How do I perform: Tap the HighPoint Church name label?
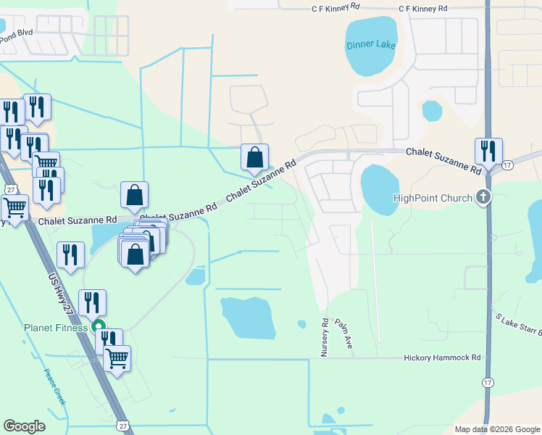(x=432, y=197)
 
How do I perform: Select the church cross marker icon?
(x=483, y=196)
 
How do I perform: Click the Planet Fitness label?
(x=55, y=328)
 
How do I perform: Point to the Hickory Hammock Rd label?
(x=442, y=358)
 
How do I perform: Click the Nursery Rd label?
(x=325, y=337)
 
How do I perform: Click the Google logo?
(x=25, y=426)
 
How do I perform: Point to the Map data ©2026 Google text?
(x=496, y=429)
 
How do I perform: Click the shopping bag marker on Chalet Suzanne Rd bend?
(x=255, y=157)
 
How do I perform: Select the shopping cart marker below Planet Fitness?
(x=117, y=357)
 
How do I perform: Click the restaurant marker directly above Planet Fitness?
(x=92, y=302)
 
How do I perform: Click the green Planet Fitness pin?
(x=100, y=327)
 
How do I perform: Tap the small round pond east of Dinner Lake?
(x=432, y=111)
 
